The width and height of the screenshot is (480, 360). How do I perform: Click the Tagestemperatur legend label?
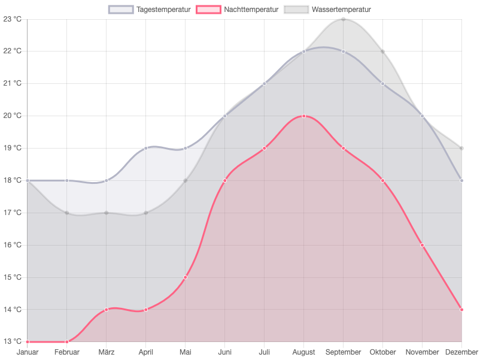(163, 10)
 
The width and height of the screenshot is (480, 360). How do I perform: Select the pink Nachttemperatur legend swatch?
(209, 10)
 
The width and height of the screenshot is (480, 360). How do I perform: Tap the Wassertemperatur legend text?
(341, 10)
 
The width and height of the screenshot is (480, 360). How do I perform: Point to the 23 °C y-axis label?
(13, 19)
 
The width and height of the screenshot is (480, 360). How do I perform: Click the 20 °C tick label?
(13, 116)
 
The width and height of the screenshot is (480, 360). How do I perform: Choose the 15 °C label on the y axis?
(13, 277)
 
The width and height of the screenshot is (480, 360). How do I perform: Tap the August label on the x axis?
(304, 352)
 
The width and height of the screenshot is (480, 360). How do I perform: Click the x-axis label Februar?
(67, 352)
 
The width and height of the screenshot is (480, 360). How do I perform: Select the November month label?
(422, 352)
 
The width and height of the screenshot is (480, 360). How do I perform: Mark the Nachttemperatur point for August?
(304, 116)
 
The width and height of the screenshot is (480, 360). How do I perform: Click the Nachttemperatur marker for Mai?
(186, 277)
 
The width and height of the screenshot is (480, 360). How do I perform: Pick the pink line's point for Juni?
(225, 180)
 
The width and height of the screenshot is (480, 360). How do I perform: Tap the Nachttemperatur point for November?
(423, 245)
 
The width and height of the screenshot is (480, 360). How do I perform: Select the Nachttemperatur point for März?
(107, 310)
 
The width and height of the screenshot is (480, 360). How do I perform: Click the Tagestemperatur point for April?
(146, 148)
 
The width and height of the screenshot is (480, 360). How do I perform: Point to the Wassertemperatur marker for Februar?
(67, 213)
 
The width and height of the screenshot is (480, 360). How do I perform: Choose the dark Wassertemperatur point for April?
(146, 213)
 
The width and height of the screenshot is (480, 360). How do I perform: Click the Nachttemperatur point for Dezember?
(461, 310)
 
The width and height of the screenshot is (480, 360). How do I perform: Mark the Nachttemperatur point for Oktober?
(383, 180)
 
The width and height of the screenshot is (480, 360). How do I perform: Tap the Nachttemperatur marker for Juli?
(265, 148)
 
